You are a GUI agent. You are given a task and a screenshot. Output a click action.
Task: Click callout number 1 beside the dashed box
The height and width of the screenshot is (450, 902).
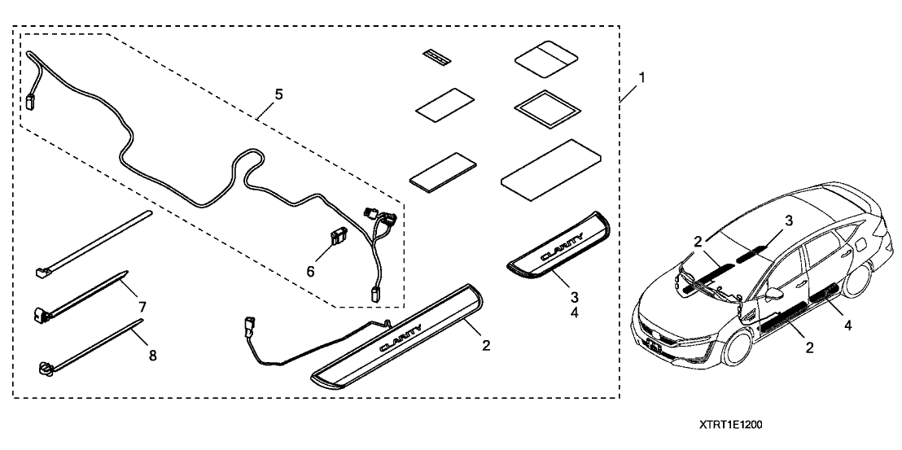642,78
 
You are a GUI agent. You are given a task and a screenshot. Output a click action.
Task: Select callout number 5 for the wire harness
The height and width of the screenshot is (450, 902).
278,95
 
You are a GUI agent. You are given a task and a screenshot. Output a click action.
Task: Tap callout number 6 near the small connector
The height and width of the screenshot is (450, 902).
309,271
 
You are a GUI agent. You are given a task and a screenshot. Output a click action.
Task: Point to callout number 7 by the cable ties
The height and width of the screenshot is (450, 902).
142,307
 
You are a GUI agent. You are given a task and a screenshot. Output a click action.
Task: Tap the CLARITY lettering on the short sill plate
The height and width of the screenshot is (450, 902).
563,243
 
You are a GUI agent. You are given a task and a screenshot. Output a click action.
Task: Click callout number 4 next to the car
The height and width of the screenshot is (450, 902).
847,327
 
